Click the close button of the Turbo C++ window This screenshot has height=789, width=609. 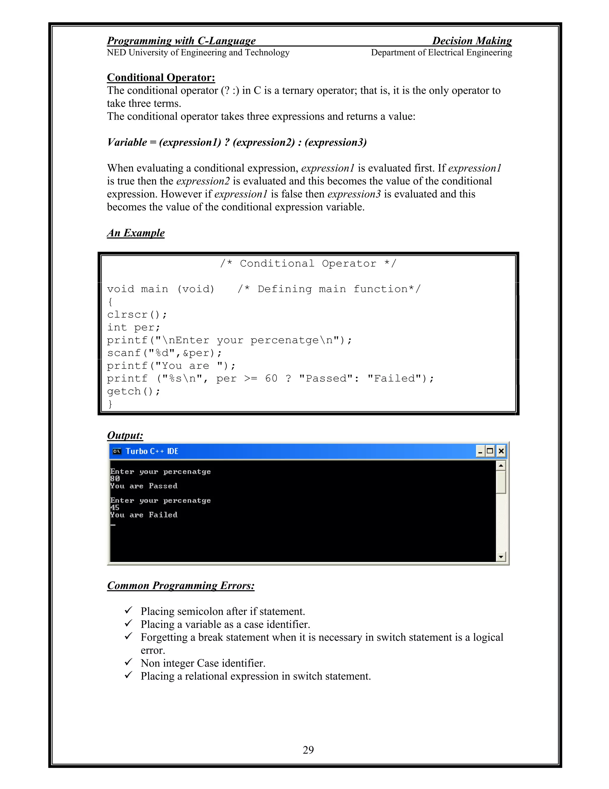tap(501, 451)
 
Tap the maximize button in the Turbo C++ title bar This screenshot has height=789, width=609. tap(490, 451)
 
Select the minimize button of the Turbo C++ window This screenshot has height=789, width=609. tap(480, 451)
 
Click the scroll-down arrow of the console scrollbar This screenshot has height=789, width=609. tap(501, 557)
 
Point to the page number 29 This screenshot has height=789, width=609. tap(308, 750)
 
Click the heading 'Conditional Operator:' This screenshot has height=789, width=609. tap(161, 77)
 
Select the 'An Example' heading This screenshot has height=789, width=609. tap(136, 233)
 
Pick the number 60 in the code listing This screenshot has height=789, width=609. tap(271, 378)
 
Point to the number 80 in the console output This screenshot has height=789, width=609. tap(115, 479)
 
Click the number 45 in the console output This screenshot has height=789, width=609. tap(115, 507)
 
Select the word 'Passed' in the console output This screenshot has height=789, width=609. tap(163, 486)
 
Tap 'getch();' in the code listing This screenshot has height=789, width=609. tap(134, 391)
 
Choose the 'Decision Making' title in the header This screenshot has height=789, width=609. tap(472, 41)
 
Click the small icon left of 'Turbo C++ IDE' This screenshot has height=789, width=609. tap(117, 451)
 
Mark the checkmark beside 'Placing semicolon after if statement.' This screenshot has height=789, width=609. tap(128, 610)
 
